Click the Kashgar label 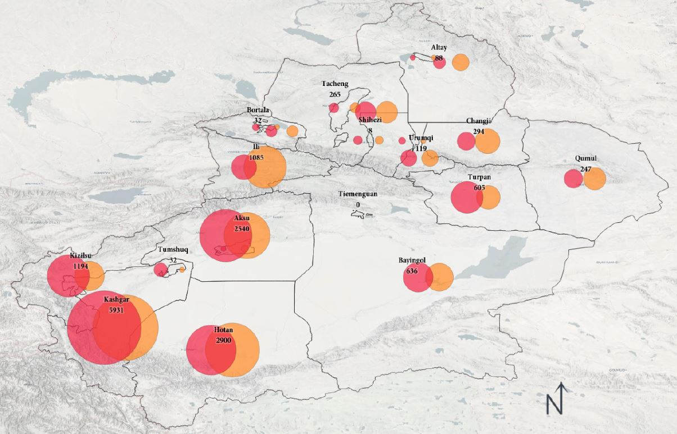(x=117, y=300)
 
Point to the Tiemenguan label (x=358, y=194)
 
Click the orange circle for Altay (x=461, y=62)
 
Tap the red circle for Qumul (x=572, y=179)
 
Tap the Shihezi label (x=370, y=120)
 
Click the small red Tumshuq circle (x=160, y=270)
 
